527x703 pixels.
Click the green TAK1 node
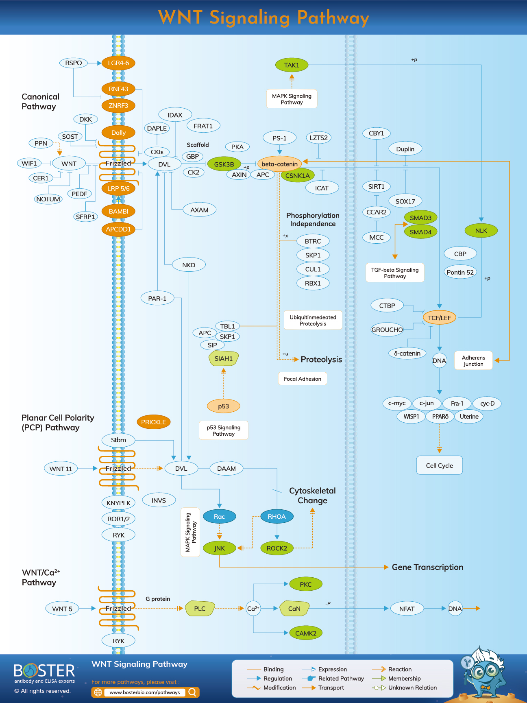292,65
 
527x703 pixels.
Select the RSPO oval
74,63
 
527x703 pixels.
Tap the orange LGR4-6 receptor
118,63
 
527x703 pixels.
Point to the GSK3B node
224,164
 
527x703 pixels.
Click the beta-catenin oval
279,164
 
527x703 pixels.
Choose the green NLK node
481,231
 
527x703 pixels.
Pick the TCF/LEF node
439,318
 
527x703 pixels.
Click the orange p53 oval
223,406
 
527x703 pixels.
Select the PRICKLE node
153,422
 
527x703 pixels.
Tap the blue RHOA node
277,517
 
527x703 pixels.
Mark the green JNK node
220,548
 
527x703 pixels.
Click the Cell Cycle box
439,465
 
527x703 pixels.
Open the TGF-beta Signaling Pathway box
395,273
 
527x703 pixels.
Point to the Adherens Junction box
473,361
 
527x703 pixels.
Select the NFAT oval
407,609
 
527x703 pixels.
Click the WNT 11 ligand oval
61,469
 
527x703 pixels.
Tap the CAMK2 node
305,633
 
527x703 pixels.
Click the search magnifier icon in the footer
193,692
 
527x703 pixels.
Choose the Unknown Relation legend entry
412,688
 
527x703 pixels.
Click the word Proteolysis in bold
321,360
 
